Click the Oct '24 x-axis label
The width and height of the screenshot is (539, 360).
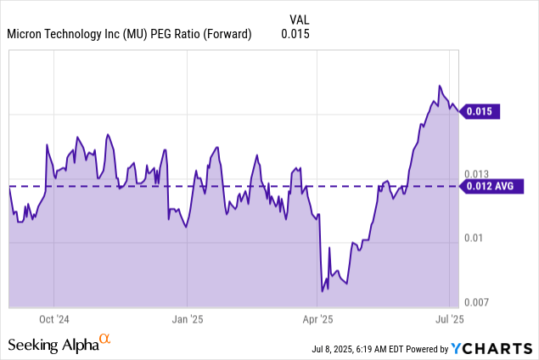53,320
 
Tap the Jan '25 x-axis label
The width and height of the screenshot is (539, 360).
187,320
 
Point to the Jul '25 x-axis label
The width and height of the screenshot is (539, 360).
449,320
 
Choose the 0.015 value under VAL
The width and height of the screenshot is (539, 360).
295,35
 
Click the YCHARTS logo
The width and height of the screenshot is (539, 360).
492,347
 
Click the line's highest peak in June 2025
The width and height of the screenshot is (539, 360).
439,86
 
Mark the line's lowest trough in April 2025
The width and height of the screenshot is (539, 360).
322,291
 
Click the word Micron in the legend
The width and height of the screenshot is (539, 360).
26,35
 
